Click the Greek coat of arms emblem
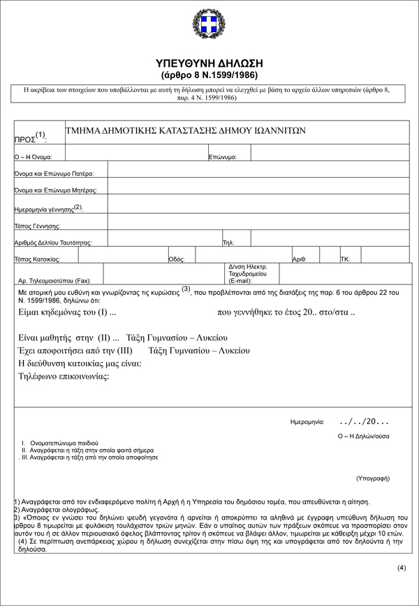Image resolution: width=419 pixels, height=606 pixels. tap(209, 26)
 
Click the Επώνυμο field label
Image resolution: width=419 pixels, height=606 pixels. tap(223, 158)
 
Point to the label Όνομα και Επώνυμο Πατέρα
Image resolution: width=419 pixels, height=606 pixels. tap(54, 173)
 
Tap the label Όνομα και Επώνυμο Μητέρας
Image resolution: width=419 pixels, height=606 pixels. tap(56, 190)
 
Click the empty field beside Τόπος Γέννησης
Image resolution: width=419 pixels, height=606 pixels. tap(258, 225)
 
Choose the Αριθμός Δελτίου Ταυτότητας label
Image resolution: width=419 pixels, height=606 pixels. tap(53, 243)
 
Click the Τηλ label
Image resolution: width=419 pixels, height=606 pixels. tap(228, 243)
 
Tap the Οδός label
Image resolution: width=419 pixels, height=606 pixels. tap(177, 259)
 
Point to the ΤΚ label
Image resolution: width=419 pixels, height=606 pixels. tap(345, 259)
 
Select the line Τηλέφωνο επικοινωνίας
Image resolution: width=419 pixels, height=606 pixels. tap(64, 377)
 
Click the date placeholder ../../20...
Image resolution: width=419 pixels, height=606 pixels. tap(363, 421)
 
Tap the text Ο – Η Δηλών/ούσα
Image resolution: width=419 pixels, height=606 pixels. tap(363, 436)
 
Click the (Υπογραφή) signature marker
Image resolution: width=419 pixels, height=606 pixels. tap(372, 478)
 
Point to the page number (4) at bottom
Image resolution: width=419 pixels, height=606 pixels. tap(402, 567)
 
